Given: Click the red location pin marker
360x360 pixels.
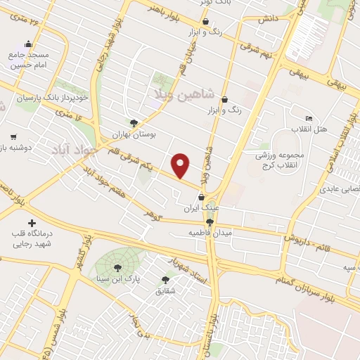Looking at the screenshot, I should pyautogui.click(x=181, y=165).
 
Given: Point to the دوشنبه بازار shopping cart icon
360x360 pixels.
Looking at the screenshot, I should pyautogui.click(x=13, y=136).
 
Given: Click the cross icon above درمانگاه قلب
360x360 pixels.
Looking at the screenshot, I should pyautogui.click(x=30, y=223).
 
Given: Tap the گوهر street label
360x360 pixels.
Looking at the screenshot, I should pyautogui.click(x=153, y=211).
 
